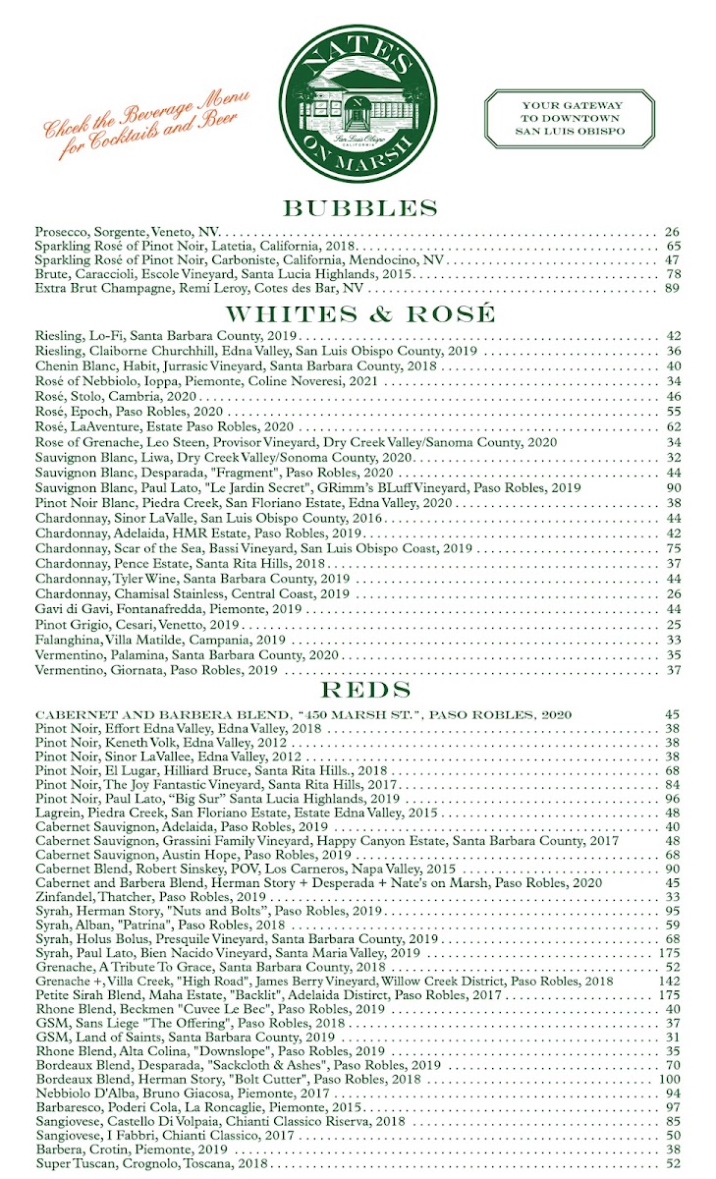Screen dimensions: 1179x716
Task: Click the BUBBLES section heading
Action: tap(358, 208)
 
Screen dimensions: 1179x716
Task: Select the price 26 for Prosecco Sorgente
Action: tap(672, 232)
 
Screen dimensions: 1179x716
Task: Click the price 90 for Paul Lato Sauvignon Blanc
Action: tap(672, 487)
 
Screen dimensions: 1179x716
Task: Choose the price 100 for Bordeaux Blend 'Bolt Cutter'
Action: tap(670, 1079)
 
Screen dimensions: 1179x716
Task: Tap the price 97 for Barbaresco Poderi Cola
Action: tap(672, 1107)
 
